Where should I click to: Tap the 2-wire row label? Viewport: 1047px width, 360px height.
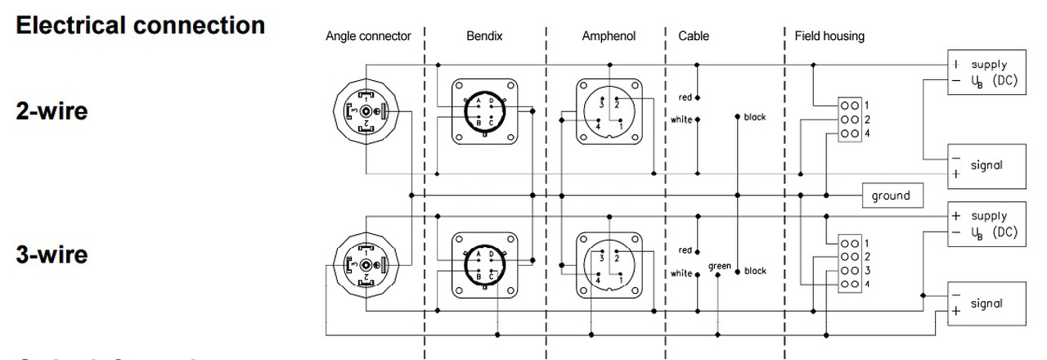(x=52, y=111)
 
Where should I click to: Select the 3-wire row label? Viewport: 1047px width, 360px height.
(x=52, y=254)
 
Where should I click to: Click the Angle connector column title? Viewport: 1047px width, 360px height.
(x=368, y=36)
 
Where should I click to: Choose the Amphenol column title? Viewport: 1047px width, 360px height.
(x=609, y=36)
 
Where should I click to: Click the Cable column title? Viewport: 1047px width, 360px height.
(x=693, y=36)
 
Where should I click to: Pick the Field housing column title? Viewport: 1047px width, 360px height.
(x=829, y=36)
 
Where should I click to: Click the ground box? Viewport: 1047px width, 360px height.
(x=891, y=196)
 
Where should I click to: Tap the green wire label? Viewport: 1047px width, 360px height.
(x=720, y=267)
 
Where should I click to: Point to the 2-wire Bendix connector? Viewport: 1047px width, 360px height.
(x=485, y=113)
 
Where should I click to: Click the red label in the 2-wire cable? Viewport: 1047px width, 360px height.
(x=685, y=97)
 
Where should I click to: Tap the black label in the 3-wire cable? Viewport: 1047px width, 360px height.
(x=756, y=271)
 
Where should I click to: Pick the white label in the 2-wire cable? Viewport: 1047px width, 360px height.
(x=681, y=119)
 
